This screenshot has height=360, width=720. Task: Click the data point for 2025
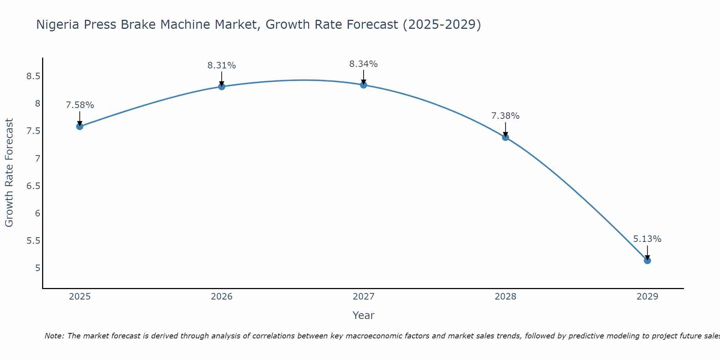(x=80, y=126)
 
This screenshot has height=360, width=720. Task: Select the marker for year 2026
(x=222, y=86)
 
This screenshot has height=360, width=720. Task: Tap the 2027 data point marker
(x=364, y=85)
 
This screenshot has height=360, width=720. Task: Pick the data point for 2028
(x=505, y=137)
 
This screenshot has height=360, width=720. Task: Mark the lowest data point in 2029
(x=647, y=261)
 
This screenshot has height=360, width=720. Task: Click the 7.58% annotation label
(x=80, y=105)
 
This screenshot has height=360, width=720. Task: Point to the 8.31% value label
(x=222, y=66)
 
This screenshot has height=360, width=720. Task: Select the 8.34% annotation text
(x=364, y=64)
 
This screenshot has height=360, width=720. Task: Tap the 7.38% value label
(x=505, y=116)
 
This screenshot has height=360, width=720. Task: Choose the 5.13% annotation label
(x=647, y=239)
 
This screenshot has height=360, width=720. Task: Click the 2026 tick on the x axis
(x=222, y=297)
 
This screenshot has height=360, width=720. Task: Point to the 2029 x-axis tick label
(x=647, y=297)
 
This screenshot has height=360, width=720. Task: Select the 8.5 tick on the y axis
(x=33, y=76)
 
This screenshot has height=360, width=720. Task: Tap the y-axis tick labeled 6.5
(x=33, y=186)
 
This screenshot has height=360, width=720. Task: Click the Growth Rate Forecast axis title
(x=9, y=173)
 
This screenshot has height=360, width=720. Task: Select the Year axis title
(x=364, y=315)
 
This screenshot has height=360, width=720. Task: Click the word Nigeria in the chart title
(x=58, y=24)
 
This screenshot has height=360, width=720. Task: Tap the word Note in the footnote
(x=54, y=336)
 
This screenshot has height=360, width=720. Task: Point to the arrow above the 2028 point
(x=505, y=129)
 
